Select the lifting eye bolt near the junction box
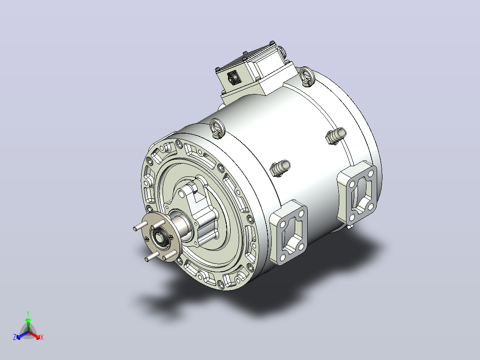pos(307,76)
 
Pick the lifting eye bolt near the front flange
pos(217,128)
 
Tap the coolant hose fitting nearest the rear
pos(336,136)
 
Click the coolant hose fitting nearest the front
pos(280,168)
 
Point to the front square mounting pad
pos(288,232)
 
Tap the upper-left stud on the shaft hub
pos(141,226)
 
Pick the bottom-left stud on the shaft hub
pos(152,257)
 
